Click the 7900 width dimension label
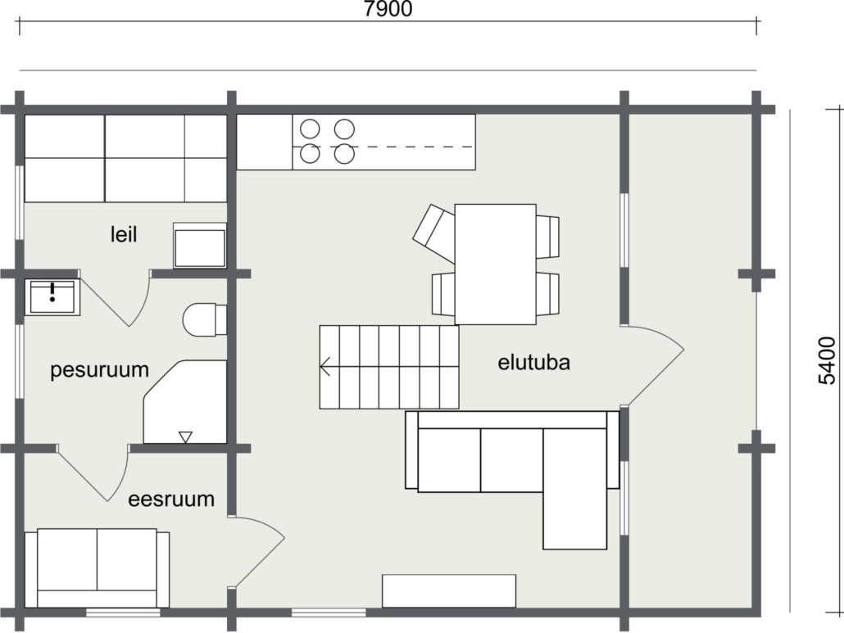(388, 9)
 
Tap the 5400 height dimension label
(827, 360)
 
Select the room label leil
(123, 234)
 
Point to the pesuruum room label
(100, 371)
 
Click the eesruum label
(171, 500)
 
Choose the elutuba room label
(533, 363)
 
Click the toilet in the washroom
(205, 319)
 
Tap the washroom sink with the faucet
(52, 296)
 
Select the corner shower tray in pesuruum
(185, 402)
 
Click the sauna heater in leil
(200, 245)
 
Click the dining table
(495, 264)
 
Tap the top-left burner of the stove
(310, 129)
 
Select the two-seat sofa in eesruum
(97, 567)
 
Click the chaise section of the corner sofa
(575, 488)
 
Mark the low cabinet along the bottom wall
(449, 591)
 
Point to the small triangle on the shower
(185, 437)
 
